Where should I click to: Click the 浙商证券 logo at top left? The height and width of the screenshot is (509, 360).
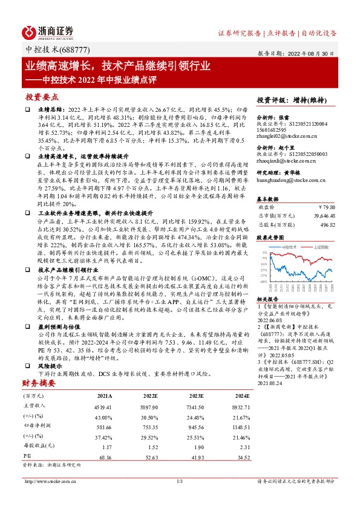48,31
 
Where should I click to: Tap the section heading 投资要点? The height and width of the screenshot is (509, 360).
42,97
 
